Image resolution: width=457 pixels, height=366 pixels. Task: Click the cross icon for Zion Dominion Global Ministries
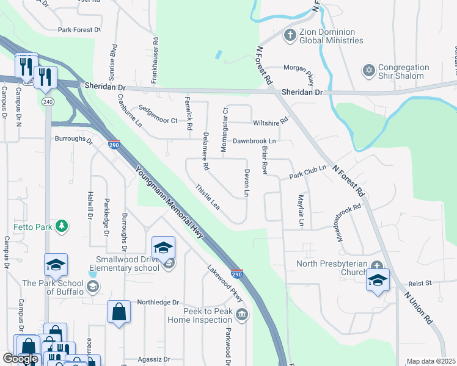coord(290,35)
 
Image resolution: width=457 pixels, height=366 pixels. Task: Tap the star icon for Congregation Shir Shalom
coord(368,71)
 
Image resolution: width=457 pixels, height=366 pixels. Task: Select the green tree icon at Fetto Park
coord(61,227)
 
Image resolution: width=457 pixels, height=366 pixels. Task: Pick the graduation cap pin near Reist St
coord(378,281)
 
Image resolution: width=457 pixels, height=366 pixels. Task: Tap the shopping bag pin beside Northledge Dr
coord(119,312)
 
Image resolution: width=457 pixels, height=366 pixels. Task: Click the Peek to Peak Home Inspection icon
coord(242,314)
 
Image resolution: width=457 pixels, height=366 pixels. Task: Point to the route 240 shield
coord(48,102)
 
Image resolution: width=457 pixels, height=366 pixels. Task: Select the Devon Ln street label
coord(247,183)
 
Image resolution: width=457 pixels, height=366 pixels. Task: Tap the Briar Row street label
coord(265,160)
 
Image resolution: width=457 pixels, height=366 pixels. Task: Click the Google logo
coord(21,359)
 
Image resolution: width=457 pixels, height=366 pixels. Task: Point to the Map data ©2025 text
coord(431,361)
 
